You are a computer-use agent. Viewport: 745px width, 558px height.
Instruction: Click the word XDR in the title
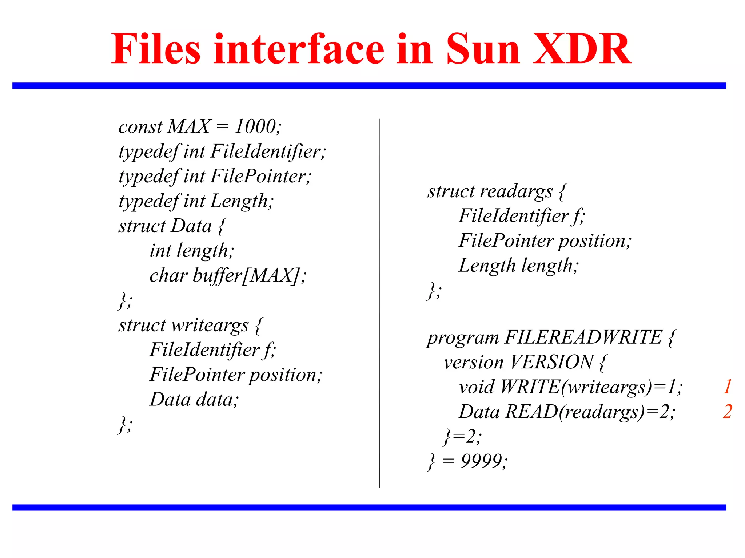click(582, 49)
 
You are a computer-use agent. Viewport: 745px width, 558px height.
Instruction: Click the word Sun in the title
click(483, 49)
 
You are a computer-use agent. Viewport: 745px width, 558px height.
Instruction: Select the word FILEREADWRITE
click(583, 337)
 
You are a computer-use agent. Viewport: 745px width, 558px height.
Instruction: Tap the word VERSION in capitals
click(551, 362)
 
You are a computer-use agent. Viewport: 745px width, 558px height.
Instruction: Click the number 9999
click(482, 461)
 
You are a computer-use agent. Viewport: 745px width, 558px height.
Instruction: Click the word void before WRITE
click(477, 387)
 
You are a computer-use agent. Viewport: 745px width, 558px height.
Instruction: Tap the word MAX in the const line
click(189, 126)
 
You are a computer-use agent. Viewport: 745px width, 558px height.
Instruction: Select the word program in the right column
click(463, 338)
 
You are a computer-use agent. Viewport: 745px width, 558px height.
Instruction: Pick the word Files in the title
click(156, 49)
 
